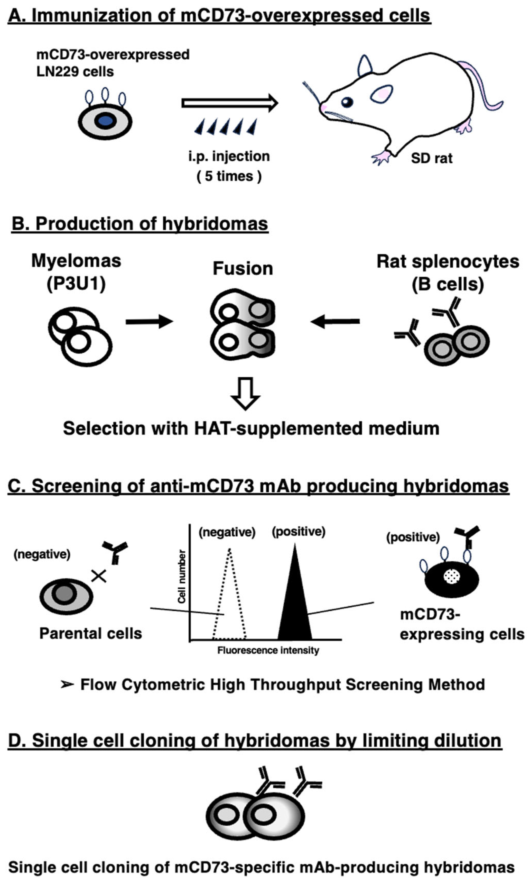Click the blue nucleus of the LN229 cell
click(105, 121)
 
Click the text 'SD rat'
click(431, 158)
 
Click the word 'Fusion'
click(243, 268)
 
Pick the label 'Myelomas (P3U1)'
click(76, 272)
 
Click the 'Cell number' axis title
click(182, 577)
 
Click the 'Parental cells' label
click(90, 633)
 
